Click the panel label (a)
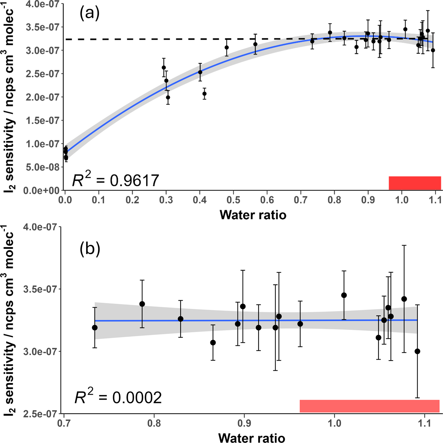[90, 14]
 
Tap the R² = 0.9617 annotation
[115, 180]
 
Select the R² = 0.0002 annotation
[118, 397]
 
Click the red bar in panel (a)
[415, 183]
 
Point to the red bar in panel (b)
[369, 406]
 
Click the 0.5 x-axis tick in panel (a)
[233, 200]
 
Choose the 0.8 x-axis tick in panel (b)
[154, 423]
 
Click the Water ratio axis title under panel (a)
[253, 215]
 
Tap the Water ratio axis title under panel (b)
[252, 437]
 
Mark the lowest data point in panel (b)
[417, 351]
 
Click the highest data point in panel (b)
[344, 295]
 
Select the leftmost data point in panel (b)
[95, 328]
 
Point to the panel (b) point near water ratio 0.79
[142, 304]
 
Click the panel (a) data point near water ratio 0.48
[226, 48]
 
